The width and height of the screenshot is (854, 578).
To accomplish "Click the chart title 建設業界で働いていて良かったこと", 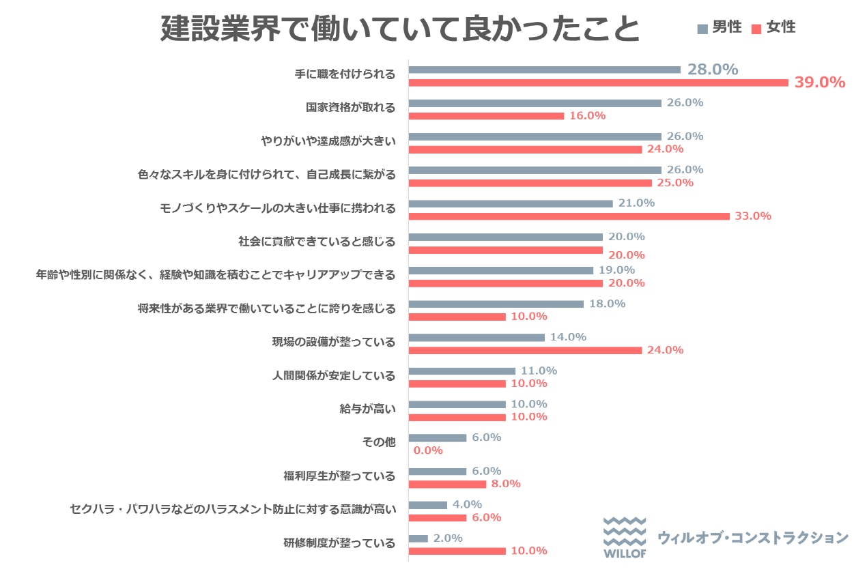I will click(x=401, y=29).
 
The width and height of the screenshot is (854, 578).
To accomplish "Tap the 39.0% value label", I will click(x=820, y=83).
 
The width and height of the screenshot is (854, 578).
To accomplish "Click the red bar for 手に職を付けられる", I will click(x=598, y=83).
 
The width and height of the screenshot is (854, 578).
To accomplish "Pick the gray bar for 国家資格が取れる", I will click(x=535, y=103).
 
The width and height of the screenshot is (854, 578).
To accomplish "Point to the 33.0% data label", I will click(x=753, y=216).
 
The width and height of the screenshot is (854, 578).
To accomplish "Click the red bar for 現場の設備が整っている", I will click(x=525, y=350).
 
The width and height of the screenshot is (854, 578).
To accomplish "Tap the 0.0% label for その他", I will click(x=428, y=450).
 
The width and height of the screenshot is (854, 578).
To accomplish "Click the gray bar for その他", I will click(x=438, y=437).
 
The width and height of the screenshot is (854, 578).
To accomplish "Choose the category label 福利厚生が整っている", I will click(x=339, y=476).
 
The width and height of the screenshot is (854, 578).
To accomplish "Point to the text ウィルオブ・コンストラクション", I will click(x=752, y=538).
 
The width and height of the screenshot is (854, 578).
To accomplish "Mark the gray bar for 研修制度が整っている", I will click(x=418, y=538).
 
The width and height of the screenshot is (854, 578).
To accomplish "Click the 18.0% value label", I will click(x=607, y=304).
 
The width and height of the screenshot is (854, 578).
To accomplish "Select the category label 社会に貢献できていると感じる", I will click(x=317, y=241).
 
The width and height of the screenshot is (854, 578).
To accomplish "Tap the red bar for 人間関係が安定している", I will click(x=457, y=384).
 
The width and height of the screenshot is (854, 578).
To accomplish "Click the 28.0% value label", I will click(x=713, y=70).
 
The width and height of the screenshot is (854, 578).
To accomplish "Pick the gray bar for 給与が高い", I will click(x=457, y=404).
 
